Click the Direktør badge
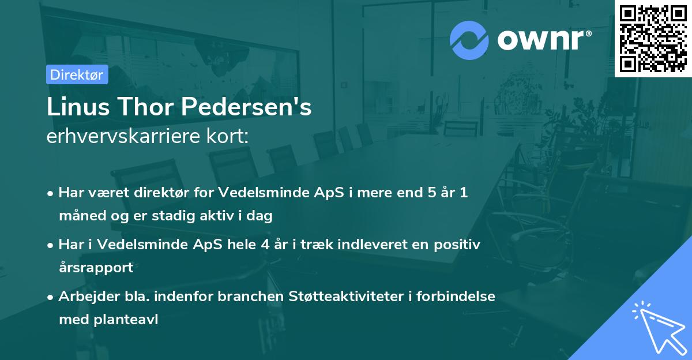pyautogui.click(x=77, y=74)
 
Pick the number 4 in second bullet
pyautogui.click(x=265, y=244)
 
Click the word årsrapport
pyautogui.click(x=96, y=268)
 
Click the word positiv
pyautogui.click(x=457, y=244)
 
